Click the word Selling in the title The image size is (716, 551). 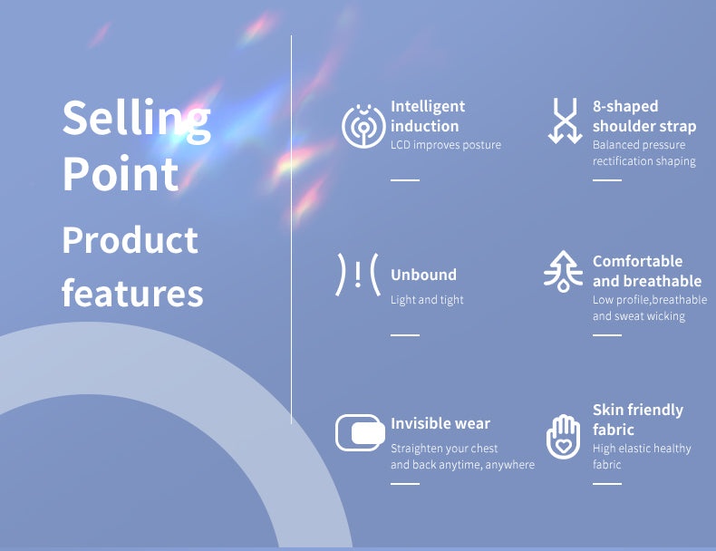[x=137, y=119]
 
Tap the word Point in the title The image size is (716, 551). [x=121, y=174]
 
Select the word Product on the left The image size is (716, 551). [x=131, y=239]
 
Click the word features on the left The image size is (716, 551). [x=132, y=292]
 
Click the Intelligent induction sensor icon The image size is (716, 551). [x=363, y=126]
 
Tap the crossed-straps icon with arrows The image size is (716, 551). [x=566, y=121]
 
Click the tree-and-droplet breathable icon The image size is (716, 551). [x=564, y=271]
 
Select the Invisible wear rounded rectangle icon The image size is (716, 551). [x=360, y=433]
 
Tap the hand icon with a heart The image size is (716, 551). [x=564, y=437]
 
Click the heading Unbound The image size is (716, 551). [x=423, y=275]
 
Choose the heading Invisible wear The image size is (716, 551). [x=440, y=423]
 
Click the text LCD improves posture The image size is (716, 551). [x=446, y=145]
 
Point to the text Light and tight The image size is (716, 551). [x=427, y=300]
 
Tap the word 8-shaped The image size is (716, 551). [x=625, y=106]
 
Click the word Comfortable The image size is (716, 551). [x=637, y=261]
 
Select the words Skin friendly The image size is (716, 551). [x=638, y=410]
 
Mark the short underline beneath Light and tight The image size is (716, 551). [x=405, y=335]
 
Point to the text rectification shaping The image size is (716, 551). [x=643, y=161]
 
